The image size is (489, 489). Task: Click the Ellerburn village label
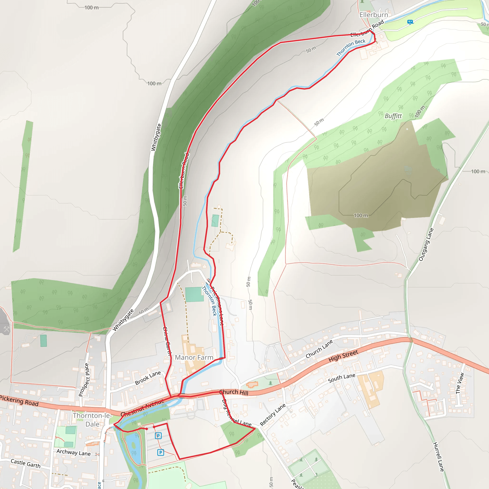coord(374,15)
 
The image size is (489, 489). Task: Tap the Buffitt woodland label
coord(393,116)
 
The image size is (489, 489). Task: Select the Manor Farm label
coord(194,357)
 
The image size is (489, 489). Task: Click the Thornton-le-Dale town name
coord(92,420)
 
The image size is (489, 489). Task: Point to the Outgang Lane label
coord(426,244)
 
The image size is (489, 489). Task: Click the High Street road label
coord(343,356)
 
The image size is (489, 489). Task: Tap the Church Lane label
coord(319,349)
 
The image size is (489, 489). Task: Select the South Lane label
coord(341,378)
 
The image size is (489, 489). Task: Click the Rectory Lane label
coord(273,414)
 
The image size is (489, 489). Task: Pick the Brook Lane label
coord(148,378)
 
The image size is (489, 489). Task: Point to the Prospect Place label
coord(84,380)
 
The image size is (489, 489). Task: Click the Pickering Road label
coord(19,401)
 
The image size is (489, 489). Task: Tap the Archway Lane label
coord(73,452)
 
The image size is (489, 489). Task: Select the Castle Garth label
coord(26,463)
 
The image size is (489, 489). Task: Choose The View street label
coord(460,383)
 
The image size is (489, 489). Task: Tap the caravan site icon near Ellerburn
coord(410,22)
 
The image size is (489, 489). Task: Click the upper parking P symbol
coord(158,436)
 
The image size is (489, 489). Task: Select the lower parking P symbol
coord(160,452)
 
